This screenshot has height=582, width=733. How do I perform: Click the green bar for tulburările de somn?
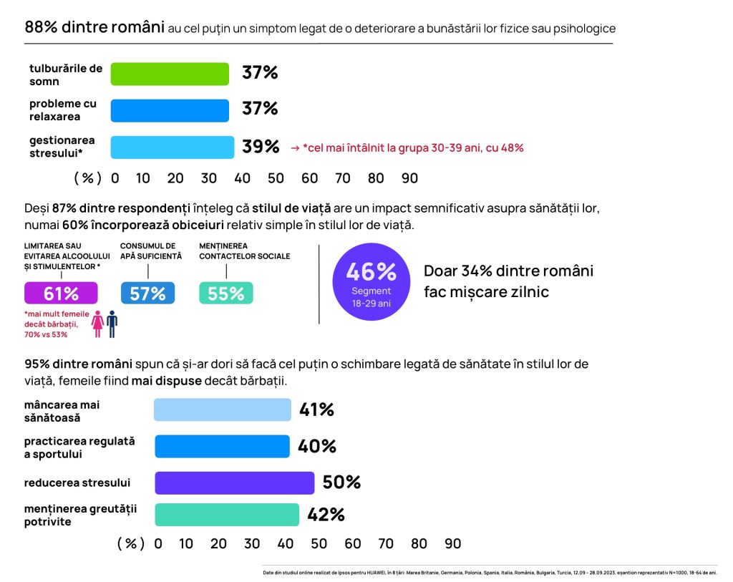coord(170,74)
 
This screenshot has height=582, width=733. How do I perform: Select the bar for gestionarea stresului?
coord(172,147)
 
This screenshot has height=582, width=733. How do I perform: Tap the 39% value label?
coord(261,147)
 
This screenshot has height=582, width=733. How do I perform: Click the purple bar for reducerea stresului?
coord(234,482)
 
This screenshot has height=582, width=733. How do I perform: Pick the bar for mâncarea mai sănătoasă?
coord(223,409)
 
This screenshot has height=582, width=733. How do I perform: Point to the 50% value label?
coord(341,482)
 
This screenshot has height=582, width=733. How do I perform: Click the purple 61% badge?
coord(61,294)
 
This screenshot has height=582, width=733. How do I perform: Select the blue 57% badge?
coord(147,294)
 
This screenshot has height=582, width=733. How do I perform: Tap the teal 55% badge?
coord(225,294)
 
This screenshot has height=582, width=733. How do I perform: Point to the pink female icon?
coord(98,324)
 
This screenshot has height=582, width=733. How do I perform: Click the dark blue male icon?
coord(112,324)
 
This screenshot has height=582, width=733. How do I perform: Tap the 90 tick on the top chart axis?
coord(409,178)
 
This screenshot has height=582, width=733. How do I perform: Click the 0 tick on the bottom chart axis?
coord(158,544)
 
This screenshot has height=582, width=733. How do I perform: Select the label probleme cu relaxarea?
coord(64,110)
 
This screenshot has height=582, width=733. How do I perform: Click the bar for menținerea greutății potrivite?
coord(226,515)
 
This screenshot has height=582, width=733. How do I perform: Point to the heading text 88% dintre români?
coord(94,28)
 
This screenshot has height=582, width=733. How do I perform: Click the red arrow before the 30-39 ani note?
coord(294,148)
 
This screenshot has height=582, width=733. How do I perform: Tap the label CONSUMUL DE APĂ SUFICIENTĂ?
coord(151,251)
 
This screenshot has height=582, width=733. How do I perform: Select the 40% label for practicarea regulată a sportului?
coord(317,446)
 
